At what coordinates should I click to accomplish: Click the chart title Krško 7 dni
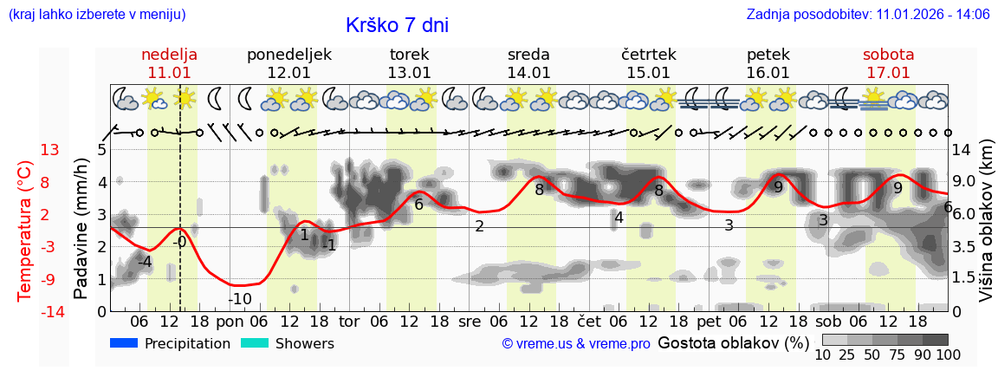pyautogui.click(x=397, y=26)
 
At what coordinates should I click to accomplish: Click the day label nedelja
pyautogui.click(x=170, y=55)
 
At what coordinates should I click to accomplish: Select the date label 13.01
pyautogui.click(x=409, y=73)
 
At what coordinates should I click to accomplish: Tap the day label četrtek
pyautogui.click(x=649, y=55)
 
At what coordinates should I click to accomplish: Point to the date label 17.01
pyautogui.click(x=888, y=73)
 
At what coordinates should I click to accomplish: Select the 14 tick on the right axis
pyautogui.click(x=961, y=150)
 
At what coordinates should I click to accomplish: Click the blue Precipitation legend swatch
pyautogui.click(x=124, y=343)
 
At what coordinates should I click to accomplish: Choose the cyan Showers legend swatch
pyautogui.click(x=255, y=343)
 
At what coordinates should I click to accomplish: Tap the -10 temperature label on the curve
pyautogui.click(x=240, y=300)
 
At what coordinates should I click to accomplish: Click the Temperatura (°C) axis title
pyautogui.click(x=24, y=229)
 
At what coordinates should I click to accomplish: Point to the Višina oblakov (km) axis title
pyautogui.click(x=986, y=229)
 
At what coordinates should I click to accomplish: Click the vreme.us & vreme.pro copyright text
pyautogui.click(x=576, y=344)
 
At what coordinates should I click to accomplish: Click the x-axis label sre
pyautogui.click(x=469, y=322)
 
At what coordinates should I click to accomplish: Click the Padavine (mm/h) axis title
pyautogui.click(x=81, y=229)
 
